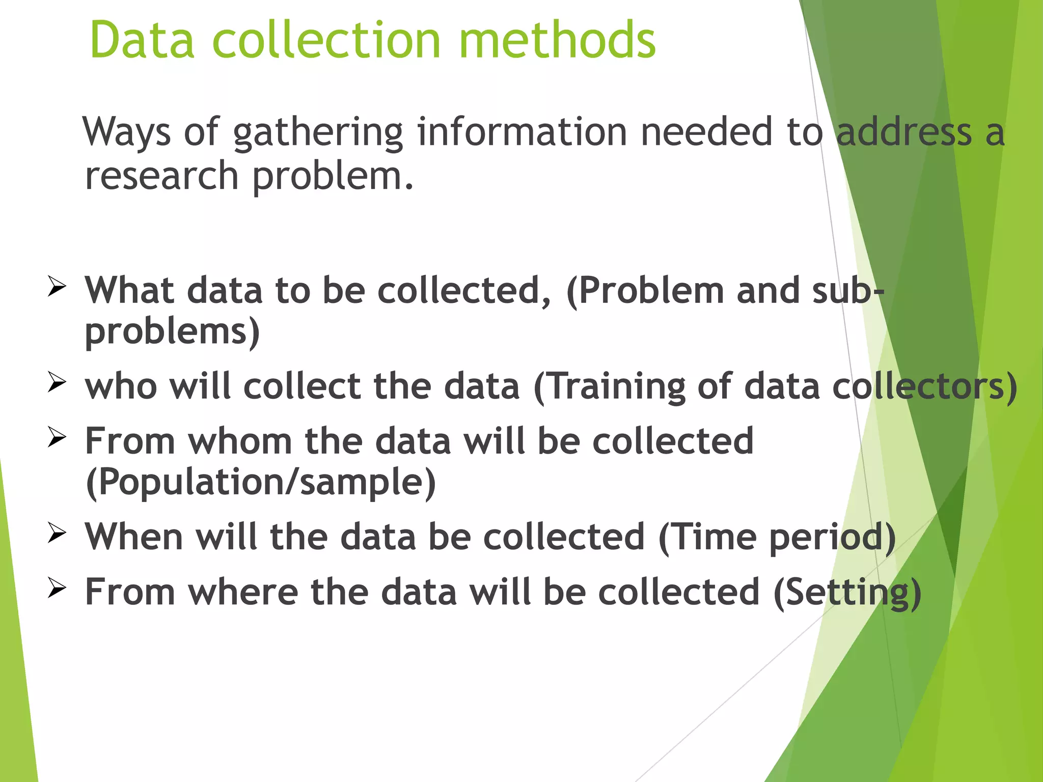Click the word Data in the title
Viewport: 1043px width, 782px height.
142,40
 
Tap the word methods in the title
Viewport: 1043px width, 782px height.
557,40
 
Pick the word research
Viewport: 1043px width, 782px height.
161,176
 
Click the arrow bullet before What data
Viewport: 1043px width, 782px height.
57,286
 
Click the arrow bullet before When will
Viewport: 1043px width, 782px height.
57,533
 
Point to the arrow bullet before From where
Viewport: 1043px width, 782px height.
57,588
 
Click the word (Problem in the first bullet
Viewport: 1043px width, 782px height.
645,291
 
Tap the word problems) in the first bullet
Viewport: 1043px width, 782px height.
172,332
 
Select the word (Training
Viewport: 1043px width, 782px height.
609,387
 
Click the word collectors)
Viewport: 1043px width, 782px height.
924,387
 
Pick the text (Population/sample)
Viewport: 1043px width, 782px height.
261,482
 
